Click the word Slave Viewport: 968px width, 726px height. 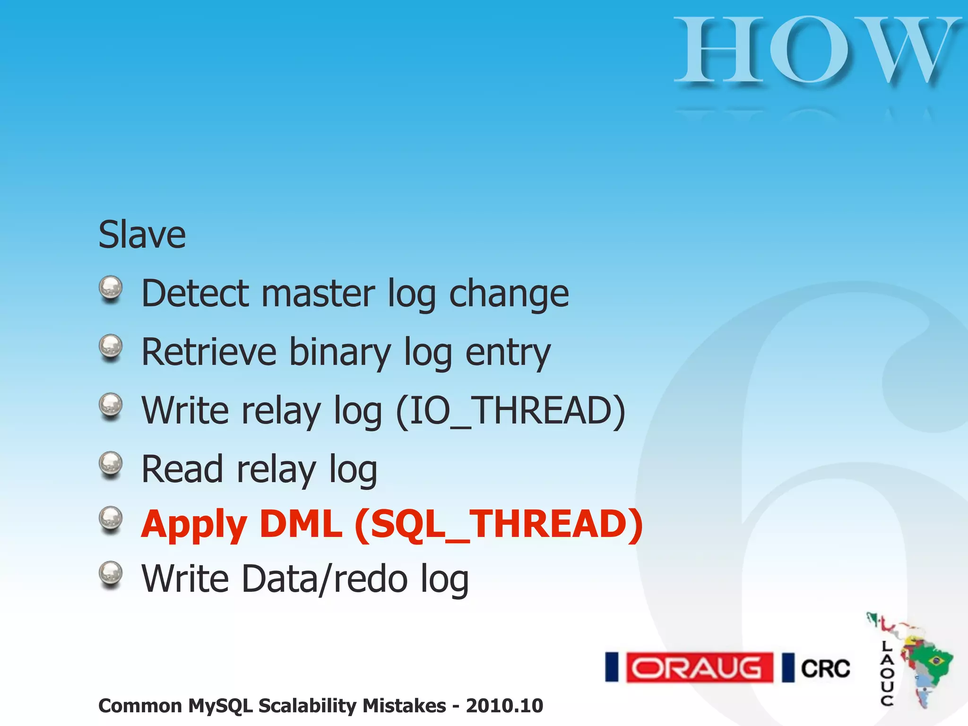coord(142,235)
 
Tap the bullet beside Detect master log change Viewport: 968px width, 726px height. coord(111,288)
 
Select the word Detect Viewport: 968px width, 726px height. coord(195,294)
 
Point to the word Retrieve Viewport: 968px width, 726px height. coord(208,352)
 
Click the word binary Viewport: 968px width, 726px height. coord(339,352)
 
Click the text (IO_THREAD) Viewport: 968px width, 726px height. coord(510,411)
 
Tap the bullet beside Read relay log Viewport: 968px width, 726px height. coord(111,464)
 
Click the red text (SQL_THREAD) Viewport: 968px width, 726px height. coord(499,525)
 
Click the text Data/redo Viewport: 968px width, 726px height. coord(324,579)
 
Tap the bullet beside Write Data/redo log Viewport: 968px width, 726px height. coord(111,574)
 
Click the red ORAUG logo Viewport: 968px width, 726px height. coord(700,667)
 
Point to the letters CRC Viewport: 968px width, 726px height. coord(825,668)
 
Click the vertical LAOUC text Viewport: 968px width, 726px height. coord(887,674)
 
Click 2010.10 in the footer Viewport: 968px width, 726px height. coord(504,706)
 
